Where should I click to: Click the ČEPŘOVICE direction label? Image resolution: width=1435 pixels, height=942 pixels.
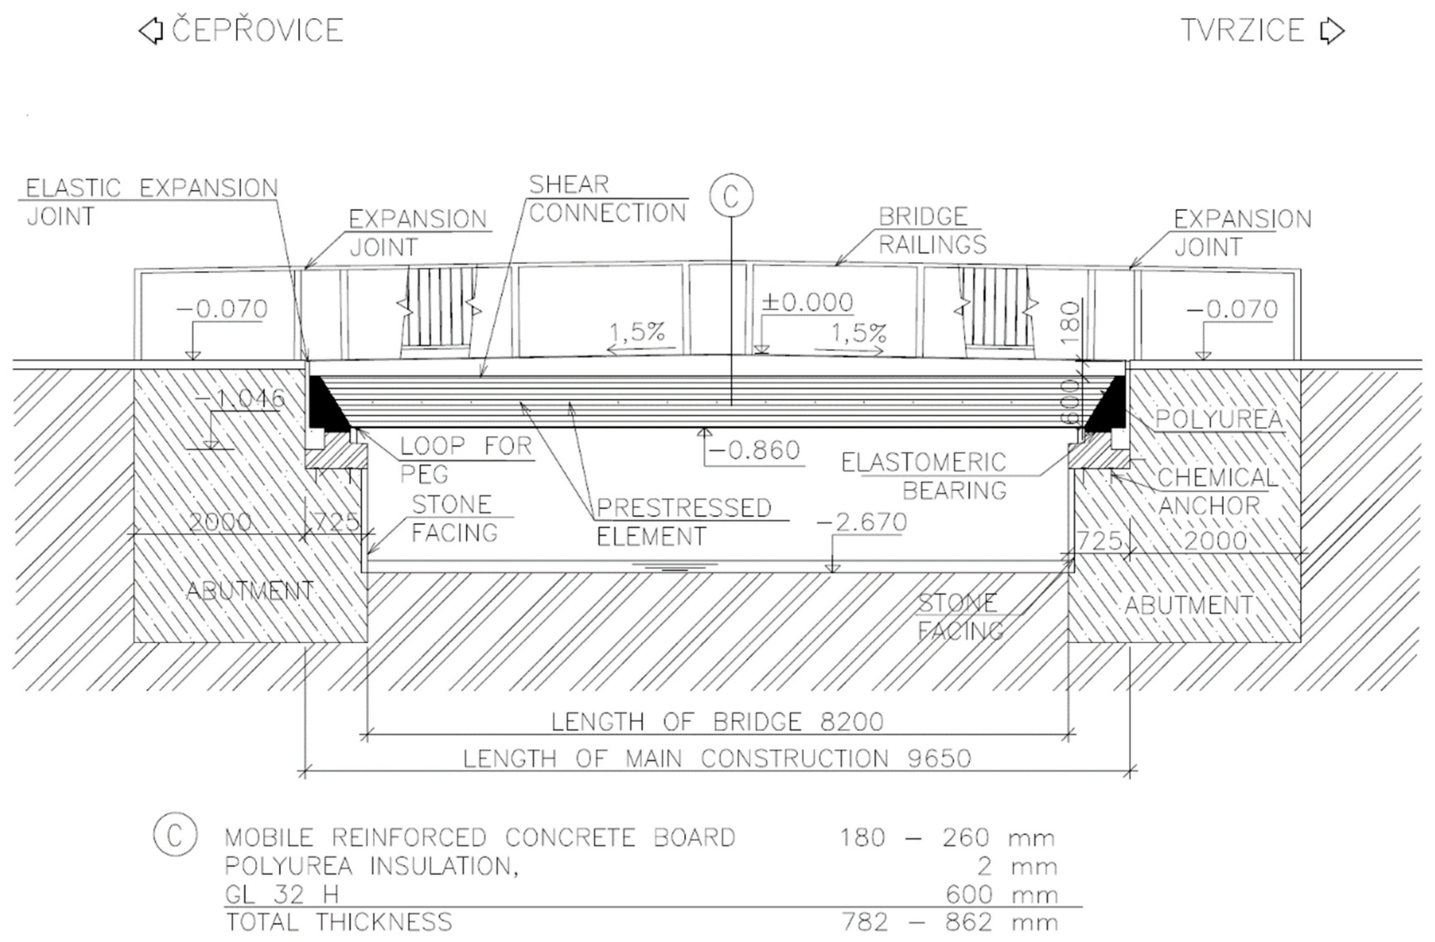click(258, 31)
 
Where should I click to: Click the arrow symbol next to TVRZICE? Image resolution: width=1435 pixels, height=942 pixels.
click(1332, 31)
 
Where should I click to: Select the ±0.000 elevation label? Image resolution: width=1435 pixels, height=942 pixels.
click(807, 302)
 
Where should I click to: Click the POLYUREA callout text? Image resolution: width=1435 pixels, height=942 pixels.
click(1218, 420)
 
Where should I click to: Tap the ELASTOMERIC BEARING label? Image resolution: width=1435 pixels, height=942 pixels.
click(924, 476)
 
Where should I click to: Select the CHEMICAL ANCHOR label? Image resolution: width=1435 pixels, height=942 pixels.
click(1217, 491)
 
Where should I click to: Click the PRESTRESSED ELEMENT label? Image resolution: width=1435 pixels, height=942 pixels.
click(684, 522)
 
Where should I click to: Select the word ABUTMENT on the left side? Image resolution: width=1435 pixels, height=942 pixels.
click(250, 591)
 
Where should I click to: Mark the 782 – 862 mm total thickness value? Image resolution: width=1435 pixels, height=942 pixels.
click(949, 922)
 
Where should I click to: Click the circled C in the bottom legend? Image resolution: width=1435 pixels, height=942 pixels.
click(175, 835)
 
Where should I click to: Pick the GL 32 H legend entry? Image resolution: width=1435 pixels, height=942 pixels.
click(282, 894)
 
